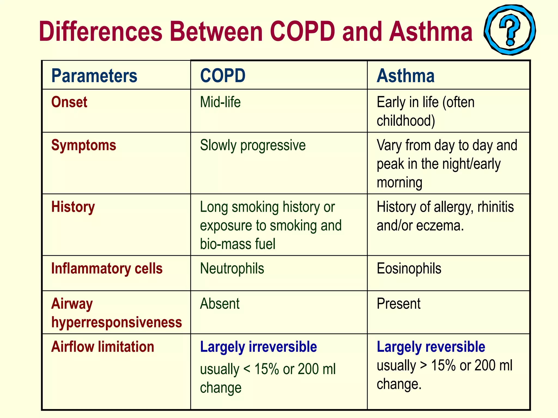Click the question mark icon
tap(510, 30)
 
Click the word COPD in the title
tap(302, 32)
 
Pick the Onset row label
tap(69, 102)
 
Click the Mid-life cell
tap(220, 102)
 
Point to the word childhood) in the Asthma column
tap(406, 121)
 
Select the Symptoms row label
tap(84, 145)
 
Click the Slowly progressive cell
tap(253, 145)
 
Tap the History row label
tap(73, 207)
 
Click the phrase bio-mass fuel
tap(238, 244)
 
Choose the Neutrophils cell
tap(232, 269)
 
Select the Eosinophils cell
tap(409, 269)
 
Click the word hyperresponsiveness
tap(117, 322)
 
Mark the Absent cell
tap(220, 304)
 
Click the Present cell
tap(398, 304)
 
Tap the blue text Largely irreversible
tap(258, 347)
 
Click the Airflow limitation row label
tap(103, 347)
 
